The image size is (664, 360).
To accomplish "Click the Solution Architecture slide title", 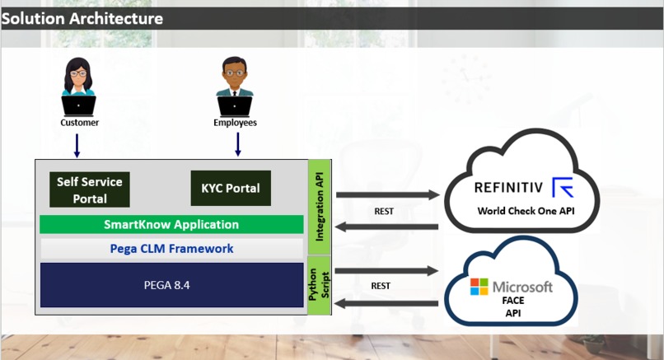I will (x=82, y=18).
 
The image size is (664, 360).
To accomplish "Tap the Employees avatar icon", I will (x=235, y=87).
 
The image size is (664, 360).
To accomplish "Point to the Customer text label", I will (x=79, y=123).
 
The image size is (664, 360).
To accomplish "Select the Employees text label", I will (x=235, y=123).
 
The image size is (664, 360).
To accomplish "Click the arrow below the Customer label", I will (x=77, y=144).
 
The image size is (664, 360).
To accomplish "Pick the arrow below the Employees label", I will (x=237, y=144).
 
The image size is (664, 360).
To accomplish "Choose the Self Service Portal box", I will (x=90, y=189).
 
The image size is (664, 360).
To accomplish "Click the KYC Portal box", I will (x=230, y=188).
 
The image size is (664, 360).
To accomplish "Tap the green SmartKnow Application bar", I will (x=171, y=224).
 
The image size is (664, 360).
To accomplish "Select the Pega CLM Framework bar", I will (x=171, y=248).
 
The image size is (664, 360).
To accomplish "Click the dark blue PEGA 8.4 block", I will (x=171, y=285).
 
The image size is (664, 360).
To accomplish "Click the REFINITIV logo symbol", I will (x=563, y=188).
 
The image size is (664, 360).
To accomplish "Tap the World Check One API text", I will (x=526, y=211).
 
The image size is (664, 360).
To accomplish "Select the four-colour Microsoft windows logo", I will (x=479, y=287).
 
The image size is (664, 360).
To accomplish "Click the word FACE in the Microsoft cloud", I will (x=513, y=301).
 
